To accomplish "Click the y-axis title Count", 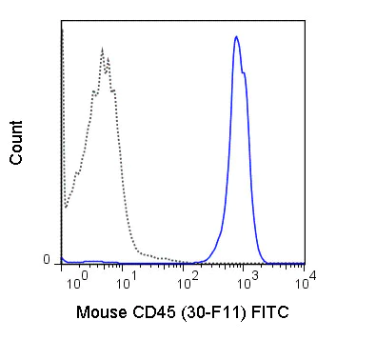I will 17,144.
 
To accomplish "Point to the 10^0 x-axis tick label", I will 78,281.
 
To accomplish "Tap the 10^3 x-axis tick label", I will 246,281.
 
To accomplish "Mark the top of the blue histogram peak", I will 236,37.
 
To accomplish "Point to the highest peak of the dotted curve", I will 102,52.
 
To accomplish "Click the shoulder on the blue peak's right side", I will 247,74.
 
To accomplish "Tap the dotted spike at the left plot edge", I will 62,33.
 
